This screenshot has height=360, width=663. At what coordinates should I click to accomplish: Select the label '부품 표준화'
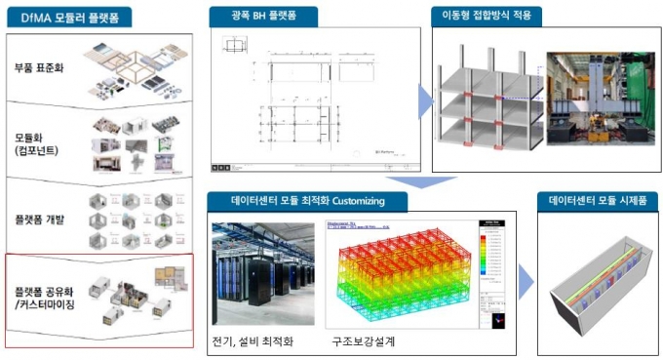coord(40,68)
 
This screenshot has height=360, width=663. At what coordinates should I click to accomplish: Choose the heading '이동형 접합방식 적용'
coord(487,17)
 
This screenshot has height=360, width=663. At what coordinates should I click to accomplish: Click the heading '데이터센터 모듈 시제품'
coord(599,200)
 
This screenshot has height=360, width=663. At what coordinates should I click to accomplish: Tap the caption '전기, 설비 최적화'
coord(256,341)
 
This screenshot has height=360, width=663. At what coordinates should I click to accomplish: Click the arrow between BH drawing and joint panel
coord(426,98)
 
